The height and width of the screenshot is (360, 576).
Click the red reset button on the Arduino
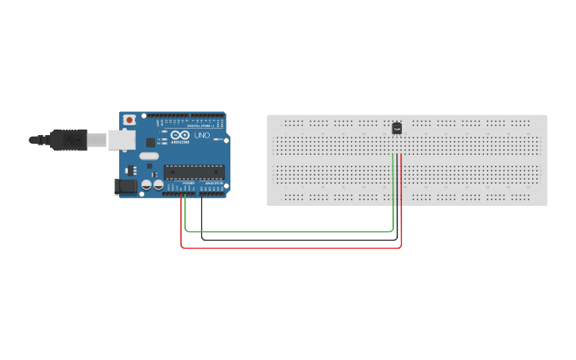(x=129, y=120)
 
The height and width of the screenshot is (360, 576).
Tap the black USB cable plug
(x=67, y=140)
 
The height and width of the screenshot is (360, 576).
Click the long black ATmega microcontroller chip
(x=194, y=171)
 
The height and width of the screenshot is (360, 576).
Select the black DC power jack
(x=126, y=186)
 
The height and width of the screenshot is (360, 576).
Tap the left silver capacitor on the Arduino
(x=147, y=184)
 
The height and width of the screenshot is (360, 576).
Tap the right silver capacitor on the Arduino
(x=158, y=184)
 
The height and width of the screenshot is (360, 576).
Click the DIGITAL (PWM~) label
(x=203, y=126)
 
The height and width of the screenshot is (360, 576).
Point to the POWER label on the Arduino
(x=188, y=183)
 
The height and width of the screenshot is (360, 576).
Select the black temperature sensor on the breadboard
(x=396, y=127)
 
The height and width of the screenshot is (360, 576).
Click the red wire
(x=291, y=247)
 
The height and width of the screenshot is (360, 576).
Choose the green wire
(x=291, y=232)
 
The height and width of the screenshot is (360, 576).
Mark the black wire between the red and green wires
(x=291, y=239)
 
